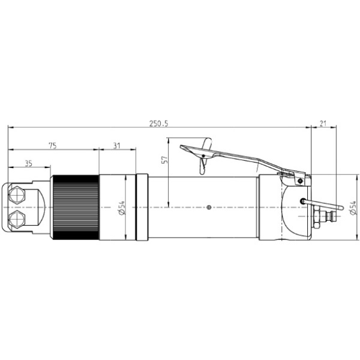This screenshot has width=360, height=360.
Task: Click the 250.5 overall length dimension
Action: point(158,124)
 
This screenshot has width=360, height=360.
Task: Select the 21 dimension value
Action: point(323,124)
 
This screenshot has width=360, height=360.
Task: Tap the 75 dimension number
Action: point(53,146)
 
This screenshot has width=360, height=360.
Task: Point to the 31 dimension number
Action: point(116,146)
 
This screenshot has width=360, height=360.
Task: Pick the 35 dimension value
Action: point(29,163)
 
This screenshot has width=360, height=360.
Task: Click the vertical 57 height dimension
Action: point(164,160)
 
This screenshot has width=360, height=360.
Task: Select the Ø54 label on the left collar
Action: point(122,208)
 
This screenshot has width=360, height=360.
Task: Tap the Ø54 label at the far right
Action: point(353,208)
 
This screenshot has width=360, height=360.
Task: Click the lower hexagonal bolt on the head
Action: point(17,219)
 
